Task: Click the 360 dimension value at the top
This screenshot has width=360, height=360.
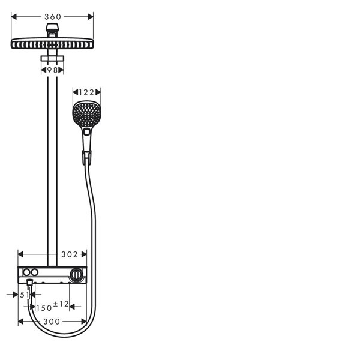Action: (52, 16)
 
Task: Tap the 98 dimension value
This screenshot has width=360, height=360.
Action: (52, 70)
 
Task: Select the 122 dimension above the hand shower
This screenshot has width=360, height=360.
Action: (87, 92)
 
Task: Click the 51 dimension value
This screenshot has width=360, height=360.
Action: (25, 295)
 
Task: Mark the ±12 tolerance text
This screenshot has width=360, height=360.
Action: (61, 304)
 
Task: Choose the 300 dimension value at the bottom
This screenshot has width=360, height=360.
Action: (52, 322)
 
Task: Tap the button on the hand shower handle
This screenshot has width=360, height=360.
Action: (87, 131)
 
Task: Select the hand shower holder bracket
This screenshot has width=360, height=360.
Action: (86, 158)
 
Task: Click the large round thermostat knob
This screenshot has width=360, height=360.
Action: (76, 275)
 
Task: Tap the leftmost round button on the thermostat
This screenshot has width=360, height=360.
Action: (26, 272)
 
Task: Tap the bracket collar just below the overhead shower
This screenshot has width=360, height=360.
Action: (52, 58)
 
